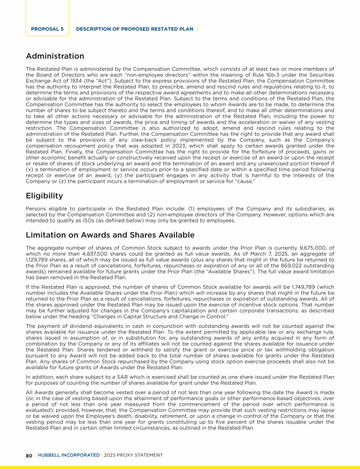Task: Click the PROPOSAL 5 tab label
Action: pos(47,29)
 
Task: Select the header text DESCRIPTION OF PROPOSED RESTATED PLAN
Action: pos(134,29)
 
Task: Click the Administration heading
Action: pos(55,56)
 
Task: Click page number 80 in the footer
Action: pos(29,455)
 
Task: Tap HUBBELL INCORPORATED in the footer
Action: pos(68,455)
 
